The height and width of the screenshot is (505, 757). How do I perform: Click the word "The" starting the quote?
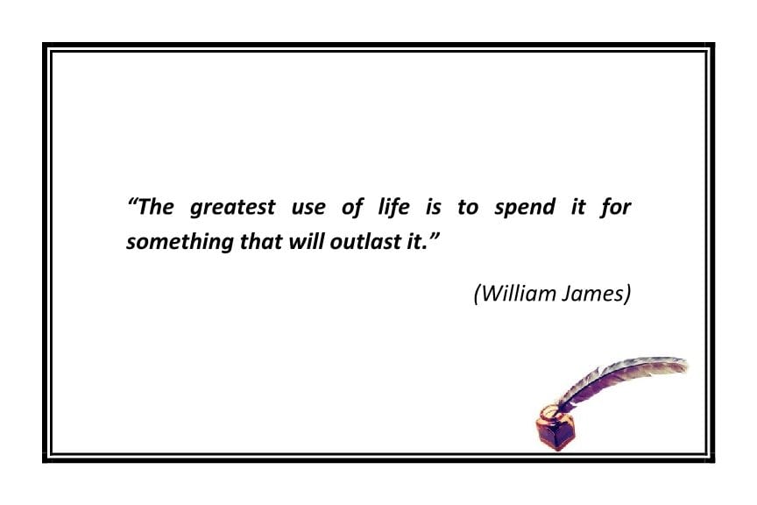pyautogui.click(x=158, y=208)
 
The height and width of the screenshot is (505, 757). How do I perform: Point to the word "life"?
pyautogui.click(x=392, y=208)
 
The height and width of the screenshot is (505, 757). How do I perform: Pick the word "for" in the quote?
pyautogui.click(x=616, y=208)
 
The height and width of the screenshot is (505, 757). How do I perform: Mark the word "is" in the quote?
pyautogui.click(x=433, y=208)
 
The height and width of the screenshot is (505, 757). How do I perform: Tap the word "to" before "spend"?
pyautogui.click(x=468, y=208)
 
